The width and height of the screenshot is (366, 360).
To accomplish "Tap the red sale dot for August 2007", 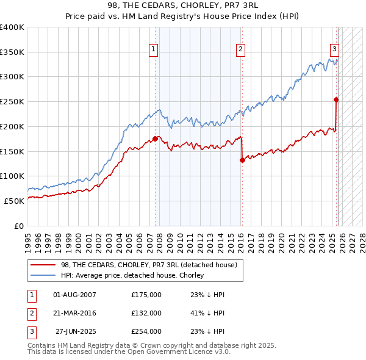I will (x=155, y=139).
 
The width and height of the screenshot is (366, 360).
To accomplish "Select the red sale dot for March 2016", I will (x=242, y=160).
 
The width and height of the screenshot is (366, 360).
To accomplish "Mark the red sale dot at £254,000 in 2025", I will (x=336, y=99).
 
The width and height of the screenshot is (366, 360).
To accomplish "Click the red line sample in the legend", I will (x=43, y=265).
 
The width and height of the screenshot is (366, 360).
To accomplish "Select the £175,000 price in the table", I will (x=146, y=295).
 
